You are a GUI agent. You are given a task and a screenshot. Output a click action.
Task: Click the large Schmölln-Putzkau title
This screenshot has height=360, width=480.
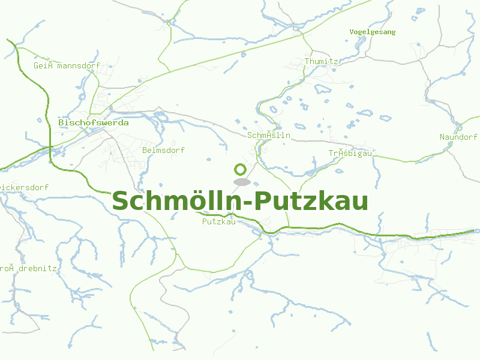(x=240, y=201)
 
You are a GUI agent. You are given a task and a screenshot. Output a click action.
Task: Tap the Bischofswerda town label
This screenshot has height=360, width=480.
(x=93, y=122)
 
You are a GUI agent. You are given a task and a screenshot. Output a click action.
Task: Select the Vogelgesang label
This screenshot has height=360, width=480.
(x=373, y=32)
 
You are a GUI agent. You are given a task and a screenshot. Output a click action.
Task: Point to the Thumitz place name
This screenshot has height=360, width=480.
(x=322, y=61)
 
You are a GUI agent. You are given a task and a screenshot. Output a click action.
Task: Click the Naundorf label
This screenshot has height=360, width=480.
(x=458, y=137)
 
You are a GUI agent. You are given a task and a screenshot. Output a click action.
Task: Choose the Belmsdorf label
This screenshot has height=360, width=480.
(x=163, y=150)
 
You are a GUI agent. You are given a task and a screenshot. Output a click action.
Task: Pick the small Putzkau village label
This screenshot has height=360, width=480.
(x=218, y=221)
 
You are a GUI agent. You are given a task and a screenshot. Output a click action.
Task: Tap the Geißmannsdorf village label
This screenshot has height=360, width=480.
(x=67, y=65)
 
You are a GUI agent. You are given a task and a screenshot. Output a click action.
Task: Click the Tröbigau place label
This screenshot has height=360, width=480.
(x=350, y=153)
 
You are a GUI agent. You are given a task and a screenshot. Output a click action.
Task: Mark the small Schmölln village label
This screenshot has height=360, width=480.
(x=269, y=135)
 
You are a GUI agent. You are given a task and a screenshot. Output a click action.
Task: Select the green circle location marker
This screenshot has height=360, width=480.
(x=241, y=170)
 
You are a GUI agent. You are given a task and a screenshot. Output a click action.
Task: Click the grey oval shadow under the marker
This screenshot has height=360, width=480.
(x=241, y=182)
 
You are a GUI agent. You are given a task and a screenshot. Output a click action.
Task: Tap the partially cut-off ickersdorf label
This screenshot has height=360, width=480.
(x=24, y=187)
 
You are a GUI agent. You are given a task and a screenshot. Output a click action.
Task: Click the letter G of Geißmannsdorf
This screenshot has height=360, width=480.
(x=36, y=65)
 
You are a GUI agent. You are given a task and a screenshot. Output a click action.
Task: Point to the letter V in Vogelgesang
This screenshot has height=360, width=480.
(x=352, y=32)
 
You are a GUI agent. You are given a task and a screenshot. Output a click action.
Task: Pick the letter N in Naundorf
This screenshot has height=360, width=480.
(x=442, y=137)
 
